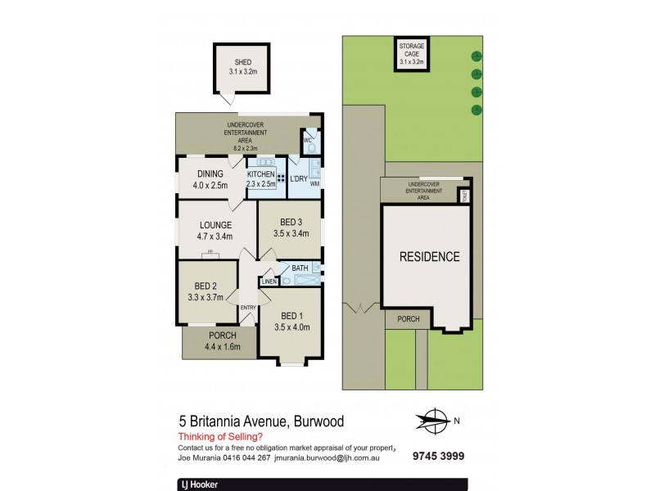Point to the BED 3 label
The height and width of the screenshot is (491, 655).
(289, 223)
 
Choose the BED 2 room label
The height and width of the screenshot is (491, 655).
(206, 286)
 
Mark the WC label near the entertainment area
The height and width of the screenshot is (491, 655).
(308, 139)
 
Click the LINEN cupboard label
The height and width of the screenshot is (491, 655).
(269, 282)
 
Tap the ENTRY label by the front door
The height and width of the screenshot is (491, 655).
(248, 307)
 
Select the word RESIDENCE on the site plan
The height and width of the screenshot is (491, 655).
(429, 256)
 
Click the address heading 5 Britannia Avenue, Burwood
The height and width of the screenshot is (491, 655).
(261, 421)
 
